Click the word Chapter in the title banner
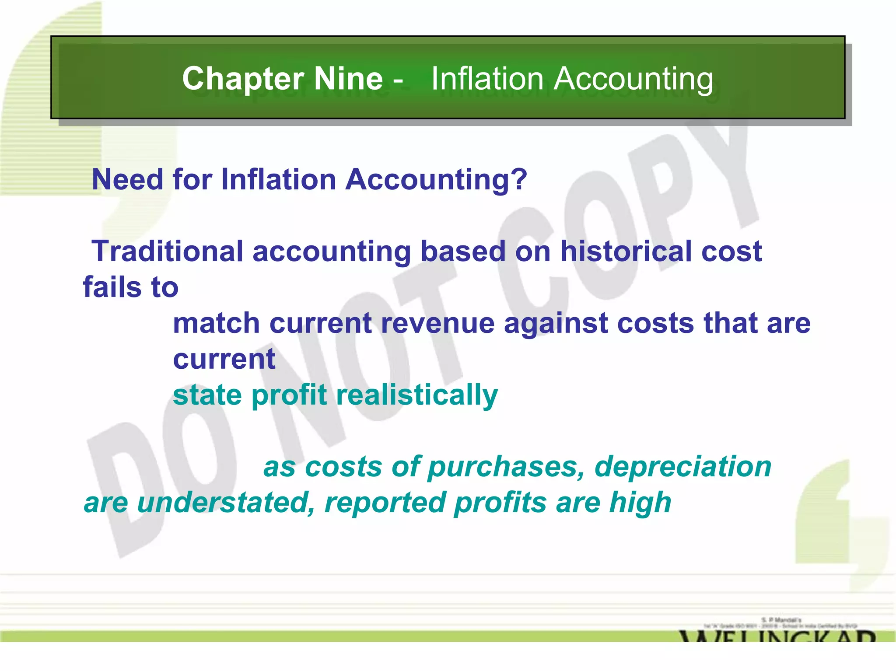coord(243,79)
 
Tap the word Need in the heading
coord(127,179)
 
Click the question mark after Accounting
coord(518,179)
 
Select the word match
coord(216,323)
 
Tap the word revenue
coord(437,323)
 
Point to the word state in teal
coord(207,395)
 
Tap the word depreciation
coord(683,467)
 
